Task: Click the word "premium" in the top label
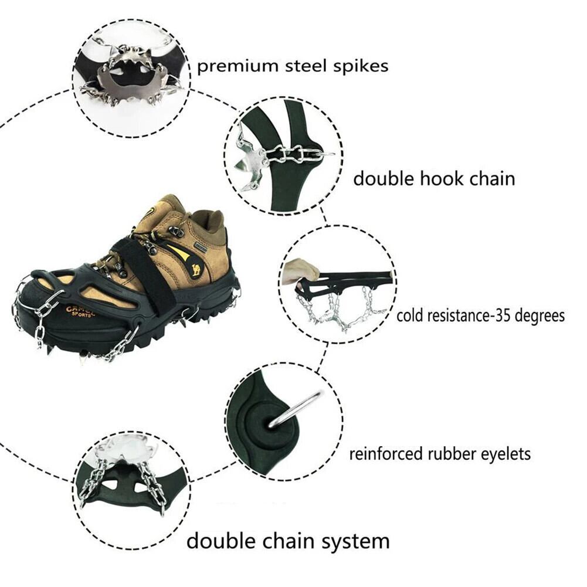pyautogui.click(x=237, y=67)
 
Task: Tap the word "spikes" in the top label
pyautogui.click(x=361, y=66)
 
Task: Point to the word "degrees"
pyautogui.click(x=540, y=315)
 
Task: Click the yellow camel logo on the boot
pyautogui.click(x=196, y=269)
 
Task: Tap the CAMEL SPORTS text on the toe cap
pyautogui.click(x=80, y=311)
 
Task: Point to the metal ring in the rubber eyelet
pyautogui.click(x=294, y=409)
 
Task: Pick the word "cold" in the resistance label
pyautogui.click(x=410, y=315)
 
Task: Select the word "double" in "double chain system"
pyautogui.click(x=221, y=541)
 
